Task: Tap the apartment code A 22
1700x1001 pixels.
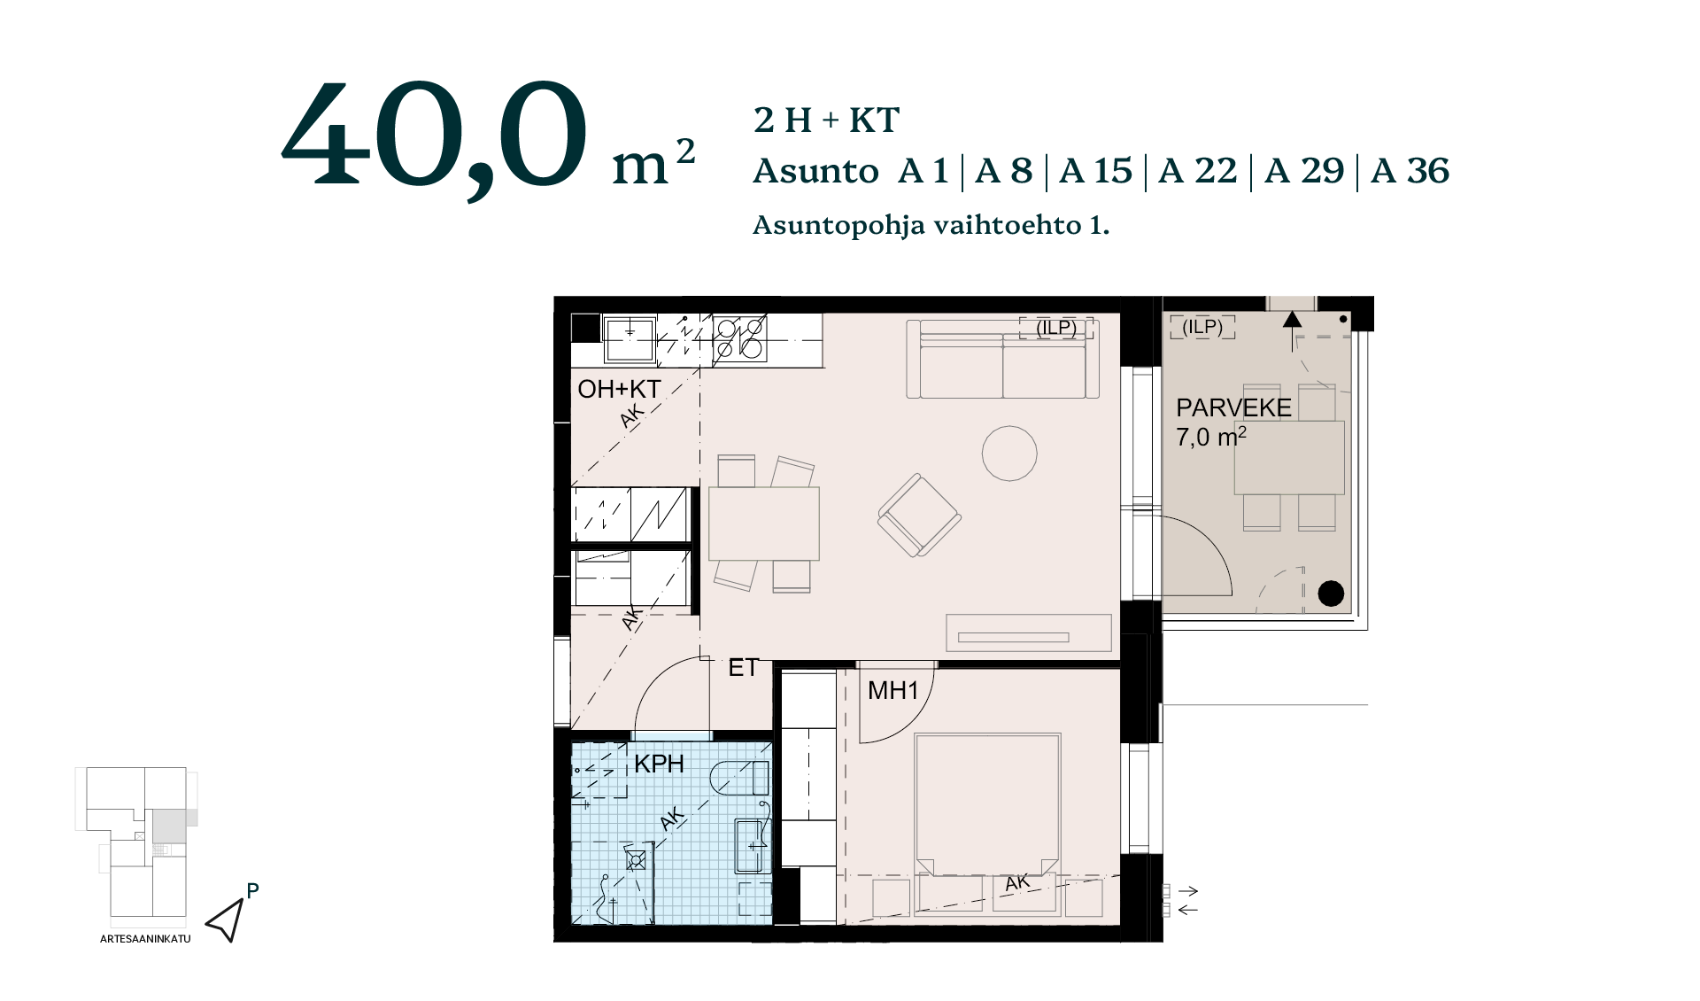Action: coord(1197,171)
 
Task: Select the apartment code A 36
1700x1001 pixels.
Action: coord(1410,171)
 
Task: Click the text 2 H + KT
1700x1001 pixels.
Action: coord(826,120)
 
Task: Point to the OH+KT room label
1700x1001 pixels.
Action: coord(619,389)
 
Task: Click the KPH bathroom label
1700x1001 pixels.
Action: coord(659,764)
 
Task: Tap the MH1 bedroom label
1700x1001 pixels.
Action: coord(892,690)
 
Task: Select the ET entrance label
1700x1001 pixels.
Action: coord(743,668)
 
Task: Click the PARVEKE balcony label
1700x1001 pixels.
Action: coord(1233,408)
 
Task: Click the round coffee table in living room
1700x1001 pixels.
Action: coord(1009,454)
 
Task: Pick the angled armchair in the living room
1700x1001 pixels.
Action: coord(919,516)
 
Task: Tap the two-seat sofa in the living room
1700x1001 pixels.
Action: coord(1003,359)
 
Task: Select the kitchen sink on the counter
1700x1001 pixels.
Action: coord(630,340)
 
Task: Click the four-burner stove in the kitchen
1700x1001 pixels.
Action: coord(740,338)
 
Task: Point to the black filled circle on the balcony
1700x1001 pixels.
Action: coord(1331,594)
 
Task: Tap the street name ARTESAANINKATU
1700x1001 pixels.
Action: coord(145,939)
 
